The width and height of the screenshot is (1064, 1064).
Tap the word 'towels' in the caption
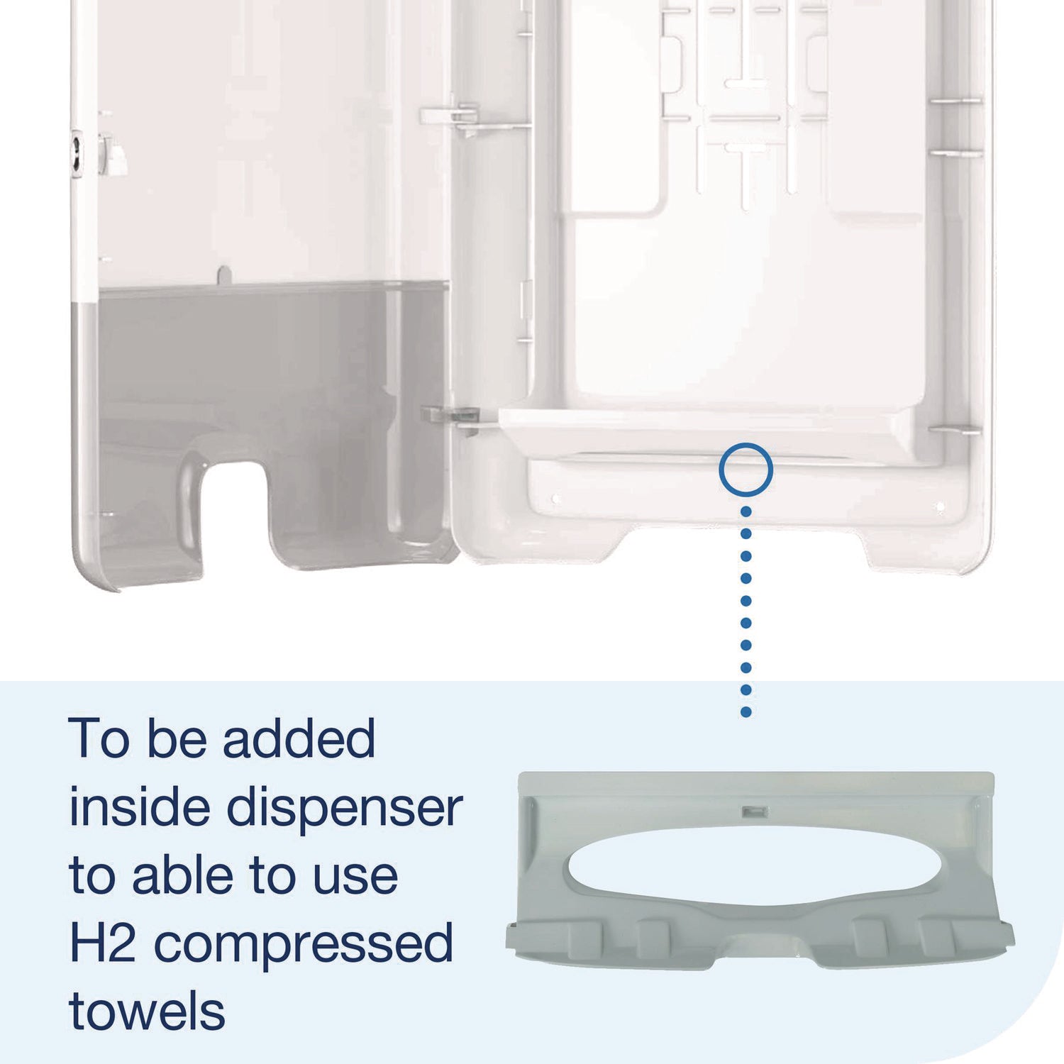(x=147, y=1012)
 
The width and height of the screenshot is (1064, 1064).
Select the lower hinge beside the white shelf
(x=451, y=416)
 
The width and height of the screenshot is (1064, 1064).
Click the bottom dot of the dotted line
(x=746, y=711)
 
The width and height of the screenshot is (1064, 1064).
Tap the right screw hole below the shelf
(x=939, y=506)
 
